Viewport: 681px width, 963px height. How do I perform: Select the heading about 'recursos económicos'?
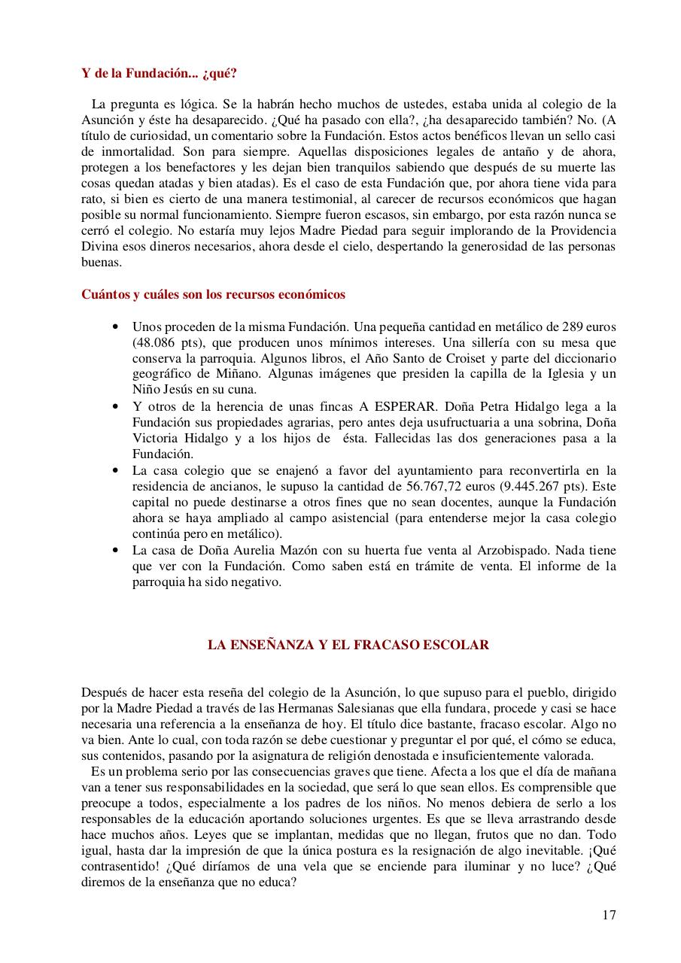[213, 294]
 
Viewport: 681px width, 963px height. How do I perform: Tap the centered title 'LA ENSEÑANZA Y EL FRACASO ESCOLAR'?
[348, 645]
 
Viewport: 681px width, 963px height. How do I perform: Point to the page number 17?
[609, 915]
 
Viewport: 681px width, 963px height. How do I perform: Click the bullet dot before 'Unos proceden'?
[114, 327]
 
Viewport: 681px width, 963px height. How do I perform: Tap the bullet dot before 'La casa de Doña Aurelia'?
[114, 550]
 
